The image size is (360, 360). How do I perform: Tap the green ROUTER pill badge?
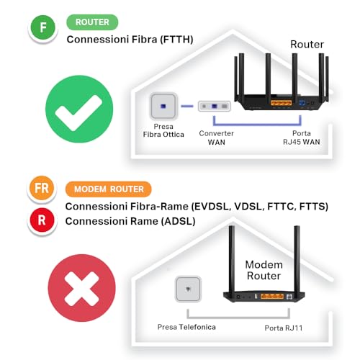click(92, 22)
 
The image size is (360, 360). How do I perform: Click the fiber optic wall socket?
click(162, 107)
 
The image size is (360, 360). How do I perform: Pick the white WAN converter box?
click(217, 107)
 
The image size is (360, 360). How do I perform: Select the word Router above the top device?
click(307, 45)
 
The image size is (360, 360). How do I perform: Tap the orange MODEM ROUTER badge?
click(108, 189)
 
